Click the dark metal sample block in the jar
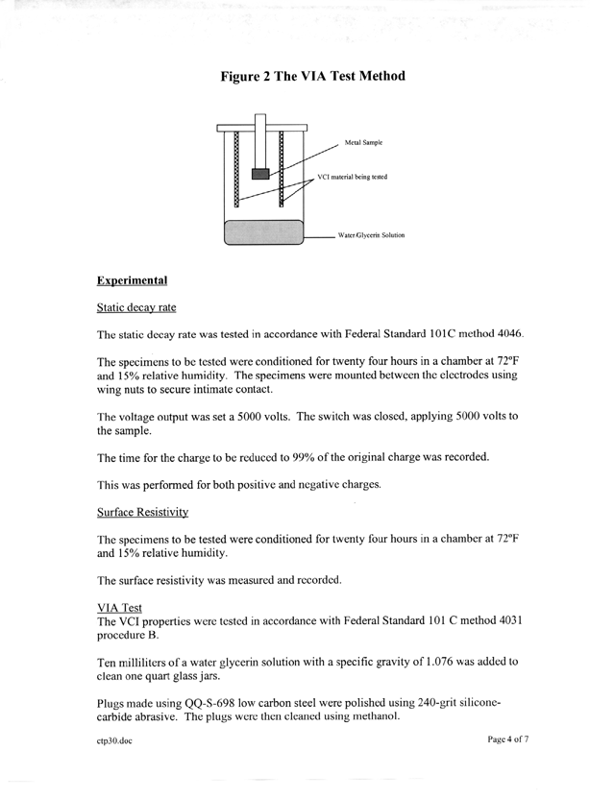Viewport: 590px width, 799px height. coord(260,173)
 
